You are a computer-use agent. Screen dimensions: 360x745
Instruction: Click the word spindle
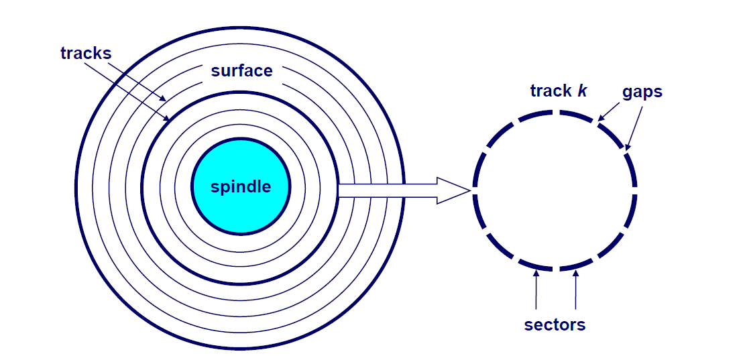pyautogui.click(x=241, y=187)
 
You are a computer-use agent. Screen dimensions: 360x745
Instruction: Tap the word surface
pyautogui.click(x=241, y=71)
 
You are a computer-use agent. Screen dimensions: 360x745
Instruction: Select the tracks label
pyautogui.click(x=85, y=54)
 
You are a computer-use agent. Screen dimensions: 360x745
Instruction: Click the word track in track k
pyautogui.click(x=551, y=91)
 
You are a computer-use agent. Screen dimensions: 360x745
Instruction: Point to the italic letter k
pyautogui.click(x=582, y=91)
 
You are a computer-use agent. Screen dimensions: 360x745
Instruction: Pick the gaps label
pyautogui.click(x=641, y=92)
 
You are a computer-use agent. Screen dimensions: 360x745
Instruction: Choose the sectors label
pyautogui.click(x=555, y=325)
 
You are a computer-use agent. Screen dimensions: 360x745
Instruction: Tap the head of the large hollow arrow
pyautogui.click(x=453, y=190)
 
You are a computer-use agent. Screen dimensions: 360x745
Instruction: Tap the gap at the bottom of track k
pyautogui.click(x=556, y=269)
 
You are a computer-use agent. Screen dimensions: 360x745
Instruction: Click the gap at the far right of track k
pyautogui.click(x=635, y=187)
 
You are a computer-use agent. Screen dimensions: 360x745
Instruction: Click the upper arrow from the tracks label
pyautogui.click(x=137, y=81)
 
